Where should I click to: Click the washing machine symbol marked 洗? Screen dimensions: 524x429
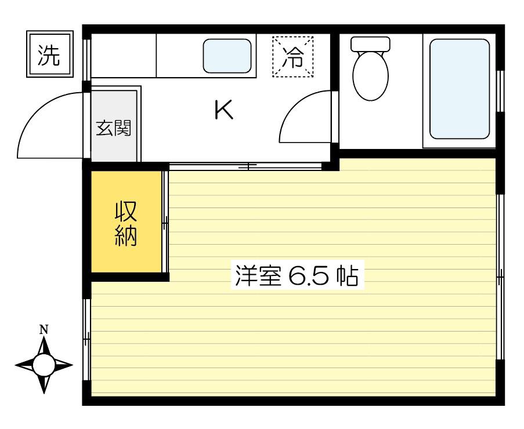point(50,54)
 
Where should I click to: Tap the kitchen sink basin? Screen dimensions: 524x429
point(227,56)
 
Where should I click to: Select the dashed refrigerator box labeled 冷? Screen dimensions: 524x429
point(292,56)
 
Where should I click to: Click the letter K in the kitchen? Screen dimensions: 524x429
point(223,110)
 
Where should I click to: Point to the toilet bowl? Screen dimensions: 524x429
point(370,76)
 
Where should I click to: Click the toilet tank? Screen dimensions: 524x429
point(370,43)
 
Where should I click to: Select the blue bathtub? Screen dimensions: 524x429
point(460,89)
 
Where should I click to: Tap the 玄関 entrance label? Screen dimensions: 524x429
point(114,128)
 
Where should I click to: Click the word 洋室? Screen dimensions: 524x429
point(258,276)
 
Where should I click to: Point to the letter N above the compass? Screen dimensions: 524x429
point(44,330)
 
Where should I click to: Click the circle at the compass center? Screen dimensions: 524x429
point(44,365)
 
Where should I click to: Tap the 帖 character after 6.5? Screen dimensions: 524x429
point(348,276)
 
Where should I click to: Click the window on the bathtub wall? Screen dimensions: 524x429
point(500,91)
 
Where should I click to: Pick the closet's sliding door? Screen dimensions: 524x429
point(165,221)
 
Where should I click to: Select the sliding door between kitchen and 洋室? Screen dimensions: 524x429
point(245,166)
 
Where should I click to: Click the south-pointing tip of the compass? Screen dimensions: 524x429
point(44,393)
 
